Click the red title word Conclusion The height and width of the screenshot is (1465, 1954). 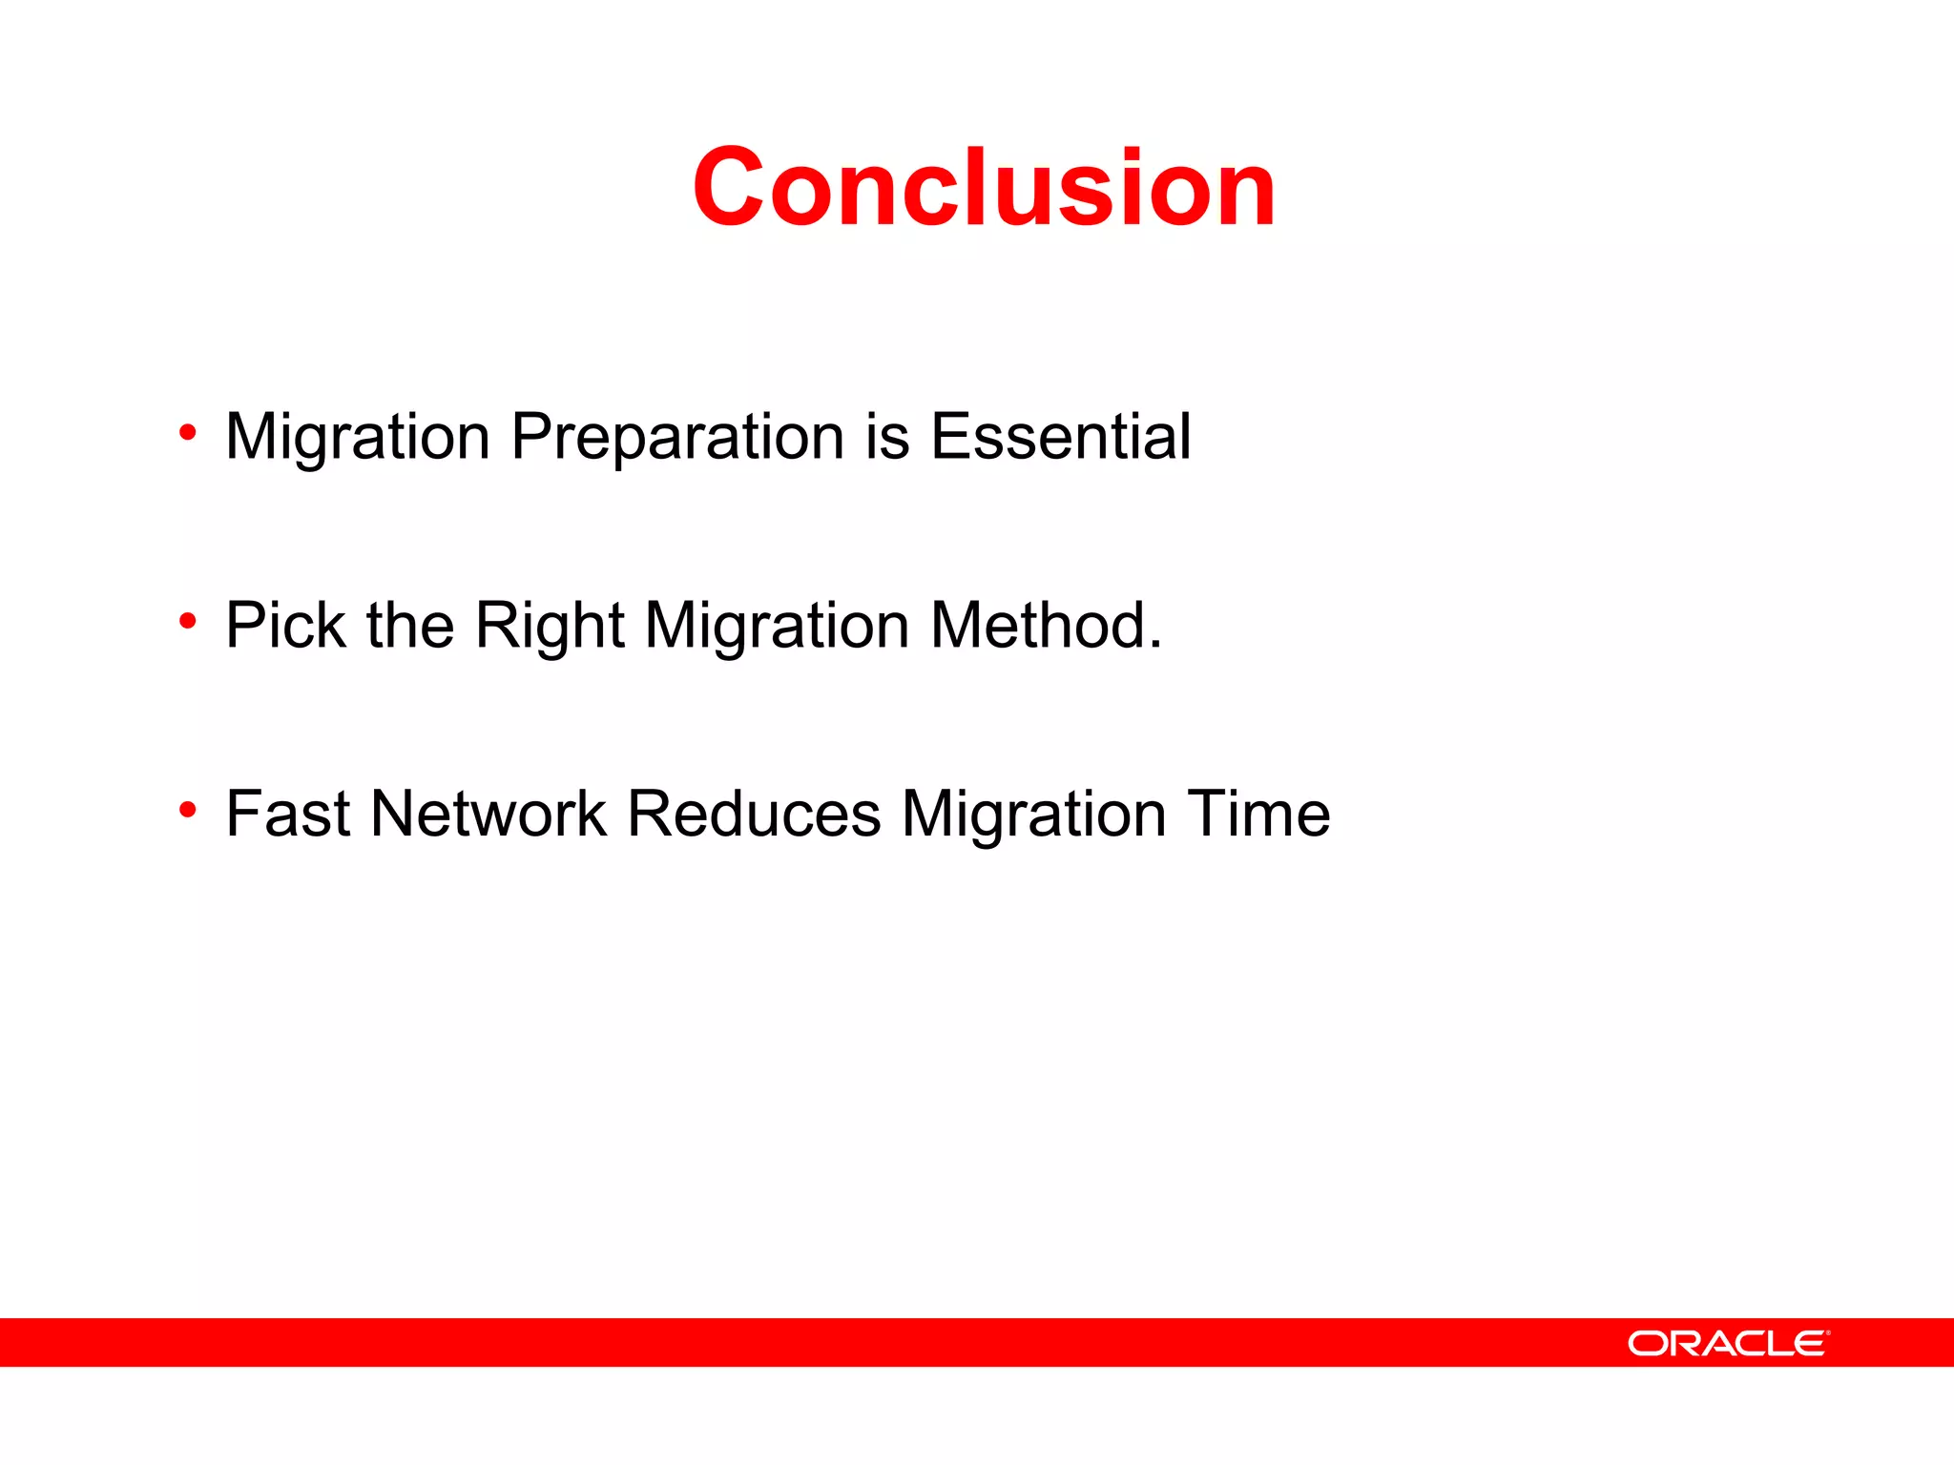984,188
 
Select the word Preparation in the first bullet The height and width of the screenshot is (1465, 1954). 677,437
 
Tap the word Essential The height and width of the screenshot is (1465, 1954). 1060,437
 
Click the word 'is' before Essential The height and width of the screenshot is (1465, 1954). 887,437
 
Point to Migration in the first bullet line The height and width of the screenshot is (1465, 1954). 358,437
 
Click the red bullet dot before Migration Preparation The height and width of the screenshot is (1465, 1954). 188,433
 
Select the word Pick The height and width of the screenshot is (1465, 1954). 285,626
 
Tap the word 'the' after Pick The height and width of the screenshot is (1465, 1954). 410,626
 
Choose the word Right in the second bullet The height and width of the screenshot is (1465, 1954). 550,626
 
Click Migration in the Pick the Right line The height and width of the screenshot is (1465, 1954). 777,626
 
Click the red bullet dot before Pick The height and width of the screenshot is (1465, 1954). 188,622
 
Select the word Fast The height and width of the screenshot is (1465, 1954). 287,815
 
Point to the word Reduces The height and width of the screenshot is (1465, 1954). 754,815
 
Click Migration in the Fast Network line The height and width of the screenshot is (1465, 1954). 1033,815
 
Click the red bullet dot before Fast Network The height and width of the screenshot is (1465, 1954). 188,811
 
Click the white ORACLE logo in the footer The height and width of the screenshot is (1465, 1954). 1728,1343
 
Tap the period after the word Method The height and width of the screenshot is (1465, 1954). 1155,647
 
